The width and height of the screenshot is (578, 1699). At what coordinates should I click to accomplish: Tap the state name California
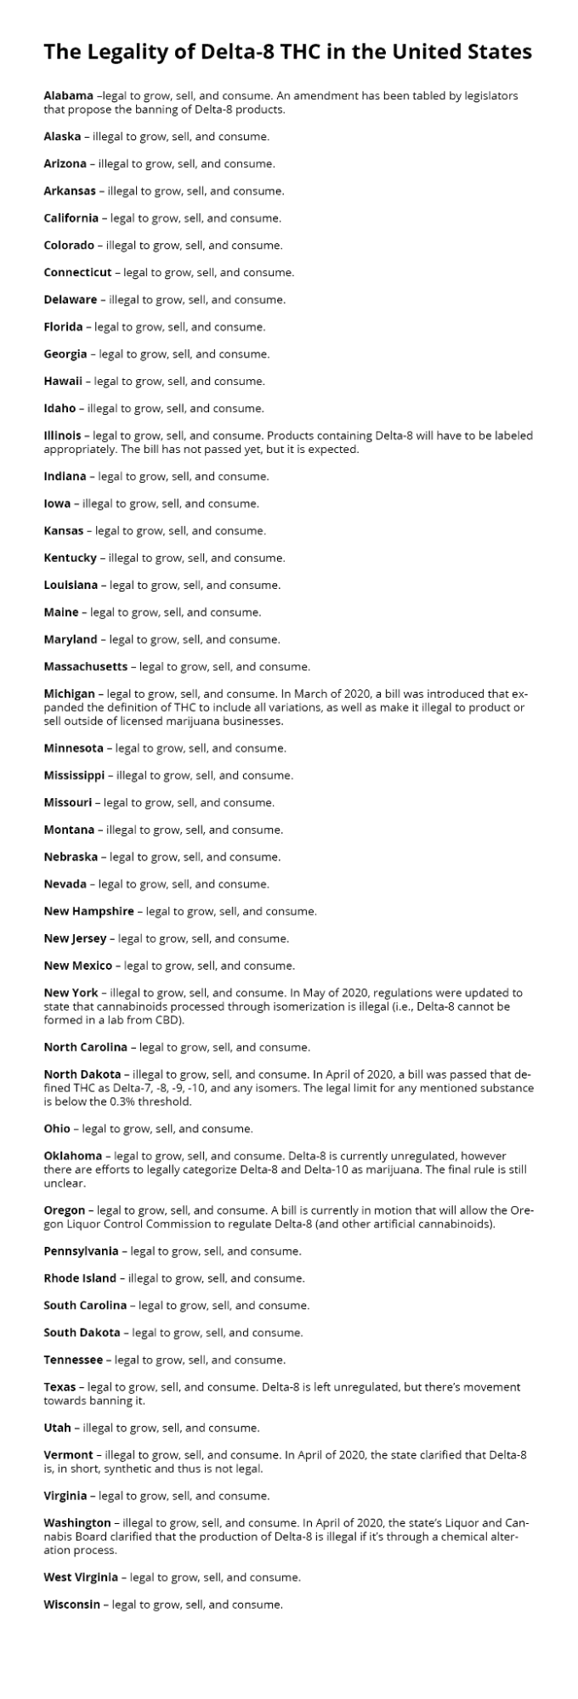pos(71,218)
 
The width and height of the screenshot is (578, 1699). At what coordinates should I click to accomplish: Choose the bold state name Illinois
pos(61,436)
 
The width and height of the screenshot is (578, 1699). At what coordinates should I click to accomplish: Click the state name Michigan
pos(69,694)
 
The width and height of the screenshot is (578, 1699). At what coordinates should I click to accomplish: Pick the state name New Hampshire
pos(88,911)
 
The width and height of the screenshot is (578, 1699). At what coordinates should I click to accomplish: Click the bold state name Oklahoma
pos(73,1156)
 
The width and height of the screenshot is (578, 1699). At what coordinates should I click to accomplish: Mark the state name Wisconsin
pos(72,1605)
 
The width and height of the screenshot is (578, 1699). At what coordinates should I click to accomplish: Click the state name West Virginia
pos(81,1577)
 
